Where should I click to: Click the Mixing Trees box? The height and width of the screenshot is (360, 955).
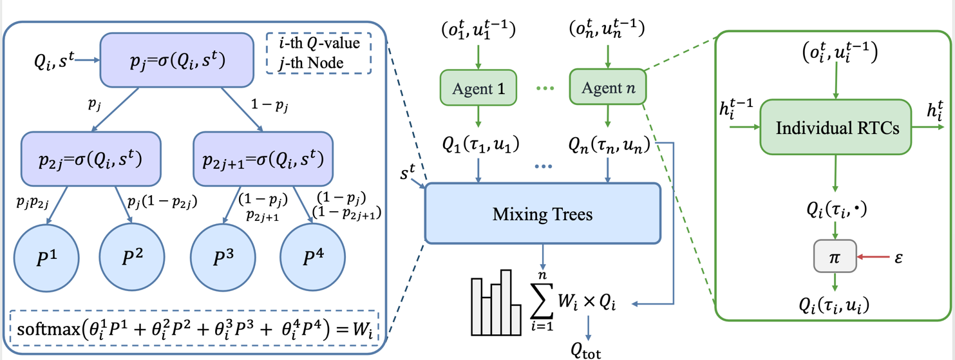coord(543,213)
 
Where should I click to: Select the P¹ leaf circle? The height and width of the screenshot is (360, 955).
coord(48,256)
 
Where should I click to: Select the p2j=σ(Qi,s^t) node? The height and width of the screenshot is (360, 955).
coord(90,157)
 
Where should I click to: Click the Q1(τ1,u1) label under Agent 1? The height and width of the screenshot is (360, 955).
coord(478,144)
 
